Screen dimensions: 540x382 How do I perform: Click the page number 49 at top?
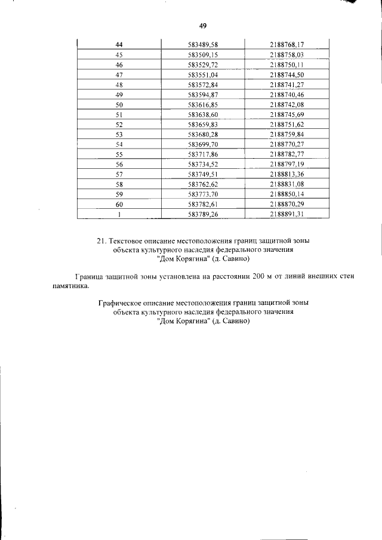[x=202, y=25]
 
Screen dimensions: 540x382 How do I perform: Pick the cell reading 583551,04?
[x=203, y=75]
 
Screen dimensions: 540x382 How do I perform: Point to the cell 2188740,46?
[x=287, y=94]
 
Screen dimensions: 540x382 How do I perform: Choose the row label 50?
[x=119, y=104]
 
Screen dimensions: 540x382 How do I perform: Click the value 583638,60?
[x=203, y=115]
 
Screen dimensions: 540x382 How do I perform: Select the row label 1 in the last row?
[x=119, y=214]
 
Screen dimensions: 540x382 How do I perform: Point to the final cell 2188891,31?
[x=287, y=214]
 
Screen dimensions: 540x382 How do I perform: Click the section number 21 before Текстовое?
[x=100, y=241]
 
